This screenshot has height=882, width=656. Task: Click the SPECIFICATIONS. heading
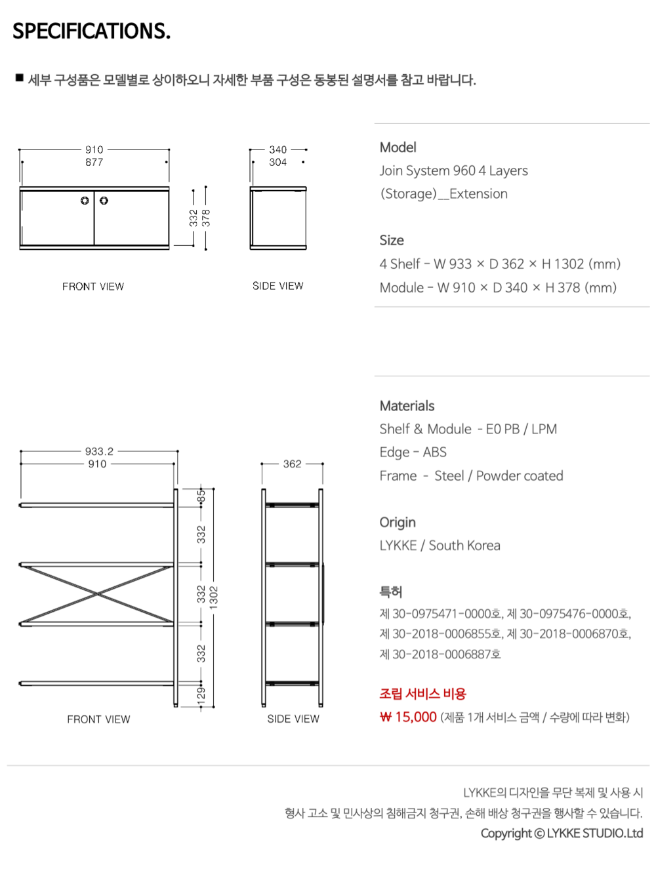[91, 31]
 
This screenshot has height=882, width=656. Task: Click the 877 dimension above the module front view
[94, 162]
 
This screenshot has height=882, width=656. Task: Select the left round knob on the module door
[85, 201]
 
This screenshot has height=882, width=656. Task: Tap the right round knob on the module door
[104, 201]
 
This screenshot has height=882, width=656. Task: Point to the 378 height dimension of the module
[206, 218]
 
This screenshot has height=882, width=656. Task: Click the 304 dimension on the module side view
[277, 162]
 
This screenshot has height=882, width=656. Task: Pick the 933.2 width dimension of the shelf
[99, 451]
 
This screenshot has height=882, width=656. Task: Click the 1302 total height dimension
[214, 597]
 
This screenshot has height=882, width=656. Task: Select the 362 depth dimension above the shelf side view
[292, 464]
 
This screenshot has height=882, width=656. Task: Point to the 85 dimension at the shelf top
[201, 496]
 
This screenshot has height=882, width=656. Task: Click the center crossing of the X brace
[98, 594]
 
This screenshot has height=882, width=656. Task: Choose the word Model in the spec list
[398, 147]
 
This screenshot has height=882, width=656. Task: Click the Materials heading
[407, 406]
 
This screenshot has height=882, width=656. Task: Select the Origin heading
[398, 522]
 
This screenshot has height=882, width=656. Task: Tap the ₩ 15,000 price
[408, 717]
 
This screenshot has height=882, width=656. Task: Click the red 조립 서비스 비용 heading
[422, 693]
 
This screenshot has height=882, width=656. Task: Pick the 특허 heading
[390, 591]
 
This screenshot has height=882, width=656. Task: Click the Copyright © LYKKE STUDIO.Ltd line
[562, 833]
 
